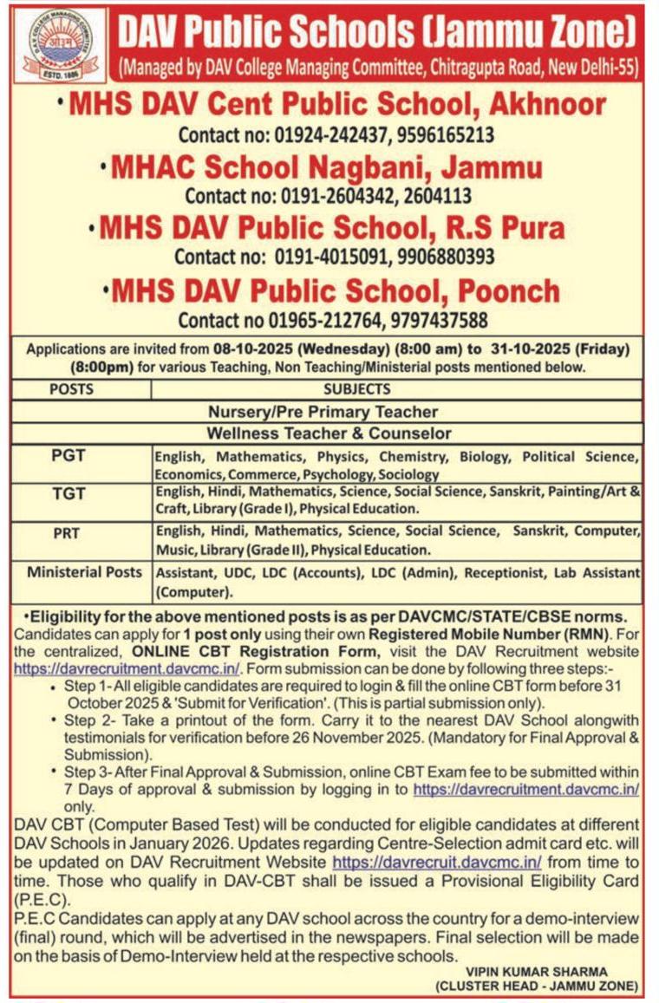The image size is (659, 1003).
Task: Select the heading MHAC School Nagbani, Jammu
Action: point(326,166)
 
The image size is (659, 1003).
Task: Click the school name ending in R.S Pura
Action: point(332,228)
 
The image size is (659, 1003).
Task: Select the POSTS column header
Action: point(72,390)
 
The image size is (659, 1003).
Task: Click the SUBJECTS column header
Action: point(356,390)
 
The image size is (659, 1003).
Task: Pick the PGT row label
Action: point(69,456)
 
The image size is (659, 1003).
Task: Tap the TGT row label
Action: point(69,493)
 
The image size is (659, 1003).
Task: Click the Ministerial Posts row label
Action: point(84,572)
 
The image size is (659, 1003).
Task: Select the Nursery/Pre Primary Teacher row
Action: point(323,412)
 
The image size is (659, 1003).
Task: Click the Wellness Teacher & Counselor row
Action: point(329,433)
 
